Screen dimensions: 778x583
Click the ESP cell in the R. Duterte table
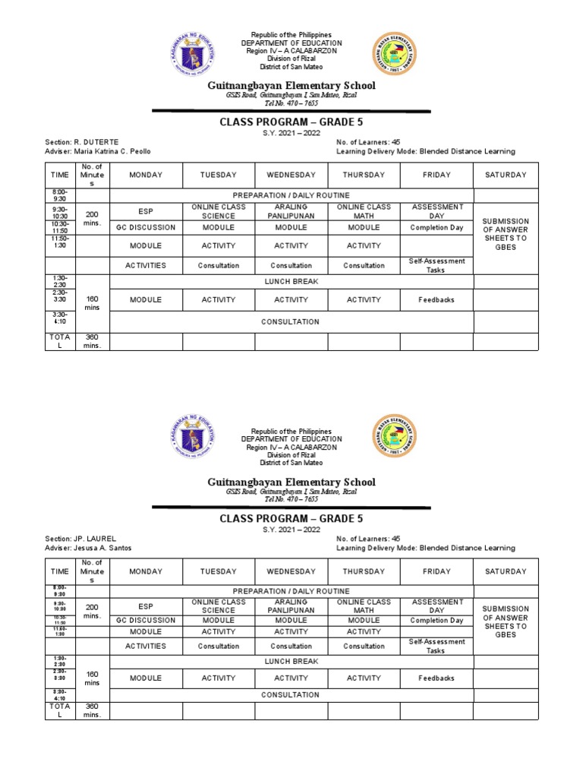tap(146, 211)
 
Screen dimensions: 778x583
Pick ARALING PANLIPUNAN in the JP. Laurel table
tap(291, 606)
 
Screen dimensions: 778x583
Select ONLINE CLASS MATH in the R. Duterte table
tap(364, 211)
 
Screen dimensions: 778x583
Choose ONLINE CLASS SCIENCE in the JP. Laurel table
tap(218, 606)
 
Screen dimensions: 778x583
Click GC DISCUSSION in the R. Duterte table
tap(146, 227)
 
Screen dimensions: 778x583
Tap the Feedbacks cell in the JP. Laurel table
tap(436, 678)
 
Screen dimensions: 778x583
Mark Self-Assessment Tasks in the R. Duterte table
tap(436, 265)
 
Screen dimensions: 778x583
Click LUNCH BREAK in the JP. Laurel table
tap(291, 661)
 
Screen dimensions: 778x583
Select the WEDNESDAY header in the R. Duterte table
tap(291, 175)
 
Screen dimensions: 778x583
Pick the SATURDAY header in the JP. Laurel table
tap(506, 571)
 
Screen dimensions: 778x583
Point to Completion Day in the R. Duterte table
tap(436, 227)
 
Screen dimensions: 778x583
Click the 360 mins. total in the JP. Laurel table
tap(92, 710)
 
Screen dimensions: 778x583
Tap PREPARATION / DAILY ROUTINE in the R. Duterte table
tap(291, 195)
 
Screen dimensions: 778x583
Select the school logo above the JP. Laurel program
tap(394, 435)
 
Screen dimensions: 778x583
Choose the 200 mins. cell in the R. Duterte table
tap(92, 216)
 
